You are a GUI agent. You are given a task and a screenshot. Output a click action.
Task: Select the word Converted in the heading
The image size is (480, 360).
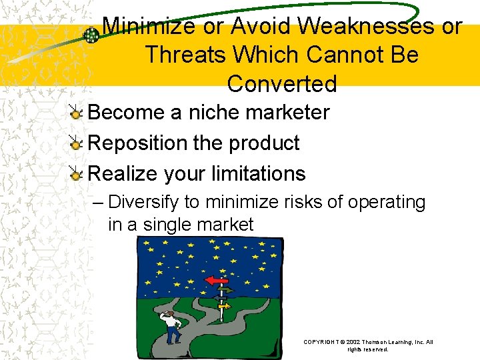click(x=281, y=84)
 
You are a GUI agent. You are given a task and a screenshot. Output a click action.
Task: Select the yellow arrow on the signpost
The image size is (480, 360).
click(x=225, y=306)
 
